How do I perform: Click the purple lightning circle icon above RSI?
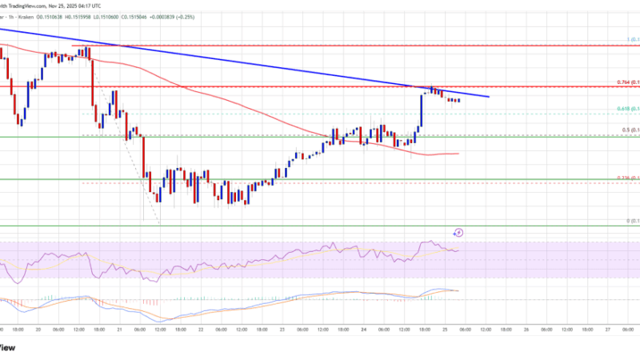[458, 233]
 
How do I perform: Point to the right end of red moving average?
[458, 153]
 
